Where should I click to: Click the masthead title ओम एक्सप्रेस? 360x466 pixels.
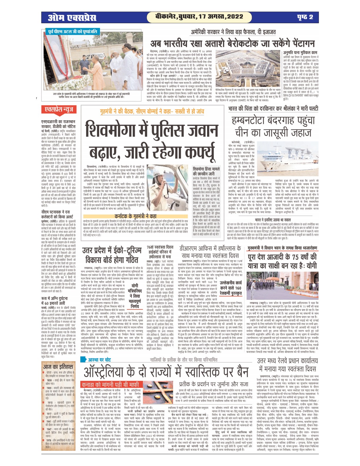pos(72,18)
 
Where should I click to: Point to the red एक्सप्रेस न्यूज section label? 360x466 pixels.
pos(59,110)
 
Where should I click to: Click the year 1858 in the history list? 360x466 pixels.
pos(49,380)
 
